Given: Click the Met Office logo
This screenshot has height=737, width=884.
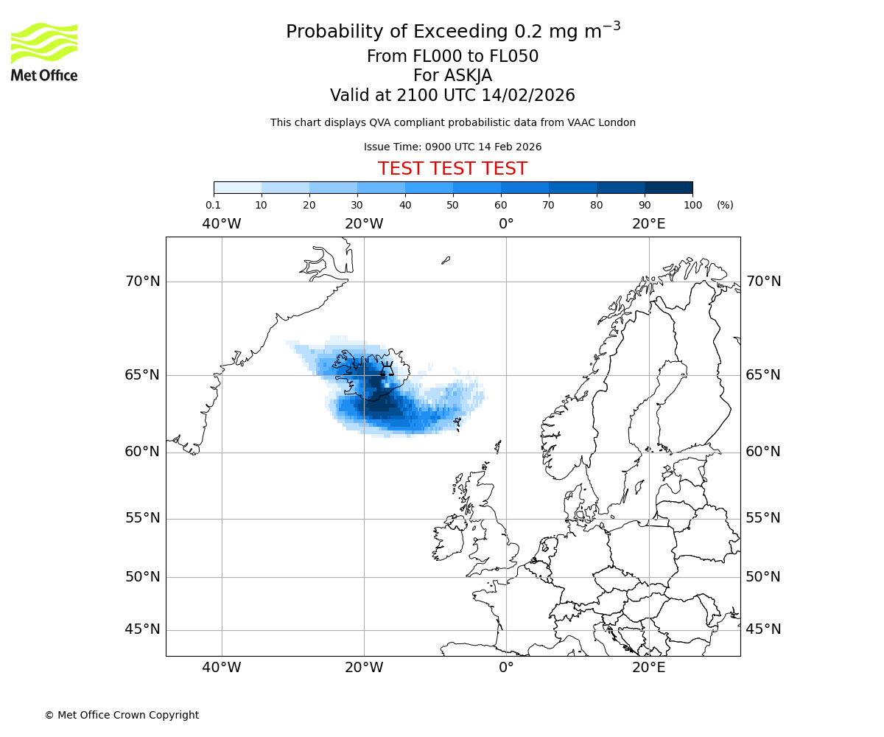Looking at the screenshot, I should [44, 52].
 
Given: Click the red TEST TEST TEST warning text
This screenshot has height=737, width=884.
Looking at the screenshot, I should [452, 169].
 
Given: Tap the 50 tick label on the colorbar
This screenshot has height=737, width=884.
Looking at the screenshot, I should [452, 205].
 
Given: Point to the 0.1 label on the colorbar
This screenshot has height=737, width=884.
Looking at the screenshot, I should [214, 205].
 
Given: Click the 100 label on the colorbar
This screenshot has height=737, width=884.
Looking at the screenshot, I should [692, 205].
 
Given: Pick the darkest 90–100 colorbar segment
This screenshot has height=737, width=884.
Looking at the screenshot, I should [668, 187].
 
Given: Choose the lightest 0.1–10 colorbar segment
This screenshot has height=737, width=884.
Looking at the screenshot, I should [237, 187].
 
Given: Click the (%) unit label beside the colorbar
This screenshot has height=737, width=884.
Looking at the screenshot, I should [725, 205].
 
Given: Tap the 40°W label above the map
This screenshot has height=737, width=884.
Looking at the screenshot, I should [221, 224].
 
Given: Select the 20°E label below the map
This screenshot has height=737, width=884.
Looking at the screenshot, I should [648, 668].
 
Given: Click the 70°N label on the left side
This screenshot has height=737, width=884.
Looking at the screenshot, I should [142, 282].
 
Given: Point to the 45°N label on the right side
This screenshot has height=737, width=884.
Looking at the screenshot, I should [763, 629].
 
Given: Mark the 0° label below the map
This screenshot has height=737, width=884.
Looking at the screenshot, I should [506, 668].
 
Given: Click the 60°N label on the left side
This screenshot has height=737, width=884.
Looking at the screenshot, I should [142, 452].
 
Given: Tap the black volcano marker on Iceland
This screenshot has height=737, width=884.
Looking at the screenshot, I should [386, 369].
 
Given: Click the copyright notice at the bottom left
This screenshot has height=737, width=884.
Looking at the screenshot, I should [122, 715].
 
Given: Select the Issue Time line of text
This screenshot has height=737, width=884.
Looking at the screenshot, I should [452, 147].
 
